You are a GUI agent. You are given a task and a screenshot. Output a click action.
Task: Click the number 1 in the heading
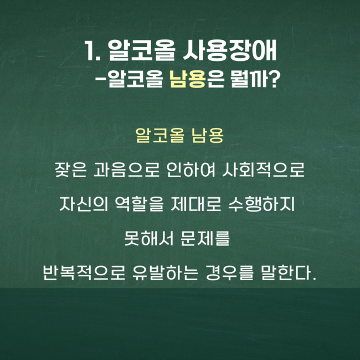(x=89, y=51)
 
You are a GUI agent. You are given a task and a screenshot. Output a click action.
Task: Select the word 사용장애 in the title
(x=229, y=51)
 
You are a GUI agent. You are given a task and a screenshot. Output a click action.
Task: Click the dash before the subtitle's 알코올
(x=100, y=79)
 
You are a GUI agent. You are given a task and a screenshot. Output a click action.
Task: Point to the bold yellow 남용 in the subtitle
(x=187, y=79)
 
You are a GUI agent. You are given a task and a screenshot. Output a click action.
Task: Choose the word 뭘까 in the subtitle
(x=249, y=79)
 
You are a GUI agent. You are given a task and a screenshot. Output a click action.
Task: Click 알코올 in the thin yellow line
(x=160, y=135)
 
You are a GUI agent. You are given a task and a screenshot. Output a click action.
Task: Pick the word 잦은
(x=71, y=170)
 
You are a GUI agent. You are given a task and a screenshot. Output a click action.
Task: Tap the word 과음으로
(x=126, y=170)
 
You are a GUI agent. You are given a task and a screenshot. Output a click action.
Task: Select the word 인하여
(x=191, y=170)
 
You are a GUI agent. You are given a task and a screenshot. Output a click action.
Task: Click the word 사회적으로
(x=263, y=170)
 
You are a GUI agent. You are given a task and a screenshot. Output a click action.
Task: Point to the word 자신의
(x=84, y=204)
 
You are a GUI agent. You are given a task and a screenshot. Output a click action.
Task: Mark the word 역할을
(x=139, y=204)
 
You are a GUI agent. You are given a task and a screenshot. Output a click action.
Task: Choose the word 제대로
(x=196, y=204)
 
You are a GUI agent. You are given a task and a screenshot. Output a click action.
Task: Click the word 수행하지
(x=261, y=204)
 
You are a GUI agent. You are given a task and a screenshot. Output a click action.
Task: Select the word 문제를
(x=205, y=239)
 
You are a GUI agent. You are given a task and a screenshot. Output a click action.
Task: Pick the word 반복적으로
(x=84, y=272)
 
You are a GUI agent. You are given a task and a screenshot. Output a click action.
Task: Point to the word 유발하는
(x=165, y=272)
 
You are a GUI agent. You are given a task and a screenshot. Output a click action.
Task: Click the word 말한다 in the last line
(x=286, y=272)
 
